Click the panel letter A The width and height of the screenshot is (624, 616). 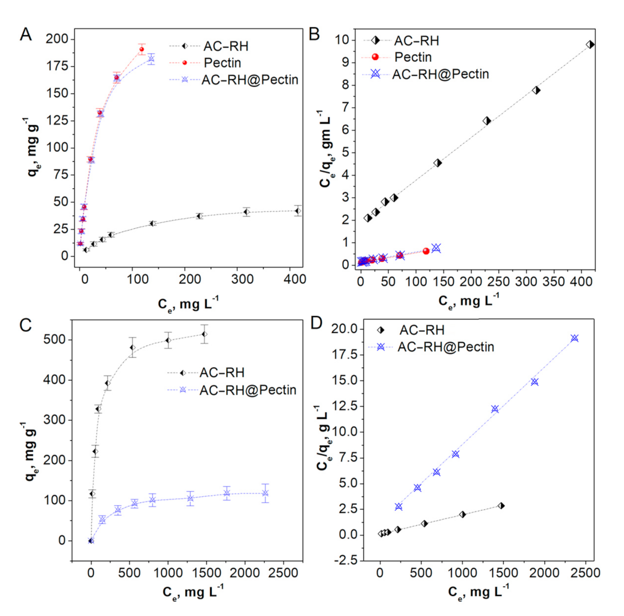[25, 35]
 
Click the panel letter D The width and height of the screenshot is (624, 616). [316, 323]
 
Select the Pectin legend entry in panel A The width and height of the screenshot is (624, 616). [222, 63]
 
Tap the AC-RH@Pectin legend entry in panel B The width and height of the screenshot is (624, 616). [440, 74]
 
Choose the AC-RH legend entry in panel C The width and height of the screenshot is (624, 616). [222, 373]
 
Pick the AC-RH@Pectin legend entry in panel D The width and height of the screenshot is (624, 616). [445, 347]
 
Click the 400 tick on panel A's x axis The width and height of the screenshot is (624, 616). [295, 279]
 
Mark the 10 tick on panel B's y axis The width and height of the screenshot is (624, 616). [342, 40]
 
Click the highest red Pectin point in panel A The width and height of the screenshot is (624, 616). [142, 49]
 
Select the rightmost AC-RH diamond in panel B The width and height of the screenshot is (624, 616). [590, 44]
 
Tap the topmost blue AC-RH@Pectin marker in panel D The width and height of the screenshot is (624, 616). [574, 338]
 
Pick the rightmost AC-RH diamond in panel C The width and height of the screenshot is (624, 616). [204, 334]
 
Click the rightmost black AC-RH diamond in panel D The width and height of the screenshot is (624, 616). [501, 505]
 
